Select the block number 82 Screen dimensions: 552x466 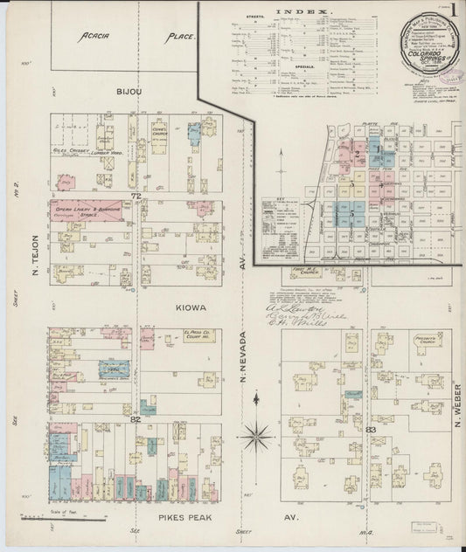(136, 419)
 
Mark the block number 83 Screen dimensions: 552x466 (372, 430)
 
